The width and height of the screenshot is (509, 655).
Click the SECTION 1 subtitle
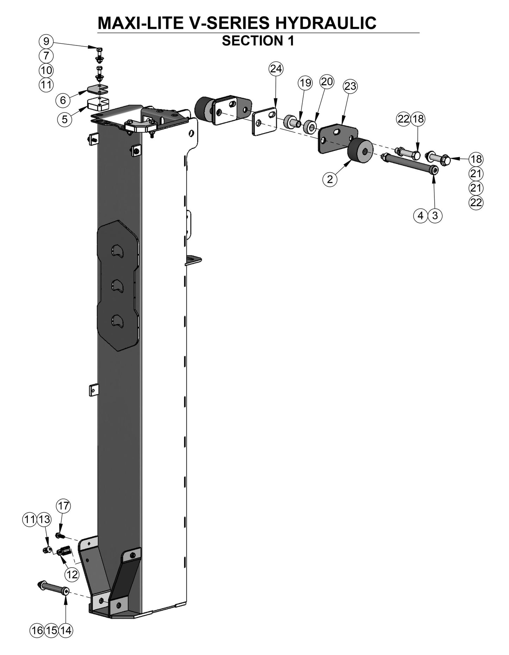[x=258, y=41]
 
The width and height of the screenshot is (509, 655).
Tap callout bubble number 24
[x=276, y=69]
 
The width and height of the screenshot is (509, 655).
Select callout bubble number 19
[x=305, y=83]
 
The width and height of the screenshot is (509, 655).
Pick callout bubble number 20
[x=327, y=81]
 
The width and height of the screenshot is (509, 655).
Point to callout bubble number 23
[x=350, y=86]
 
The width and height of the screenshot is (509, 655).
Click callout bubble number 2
[x=330, y=179]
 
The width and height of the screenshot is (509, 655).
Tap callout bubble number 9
[x=46, y=41]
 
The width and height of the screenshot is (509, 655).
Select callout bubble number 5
[x=64, y=119]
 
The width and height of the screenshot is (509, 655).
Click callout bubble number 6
[x=63, y=100]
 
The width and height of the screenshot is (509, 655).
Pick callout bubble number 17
[x=63, y=506]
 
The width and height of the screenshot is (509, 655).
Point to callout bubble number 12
[x=72, y=575]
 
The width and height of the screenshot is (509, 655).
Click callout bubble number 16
[x=37, y=630]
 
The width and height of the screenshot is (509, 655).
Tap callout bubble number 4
[x=420, y=215]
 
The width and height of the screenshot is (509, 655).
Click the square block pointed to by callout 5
[x=98, y=104]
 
